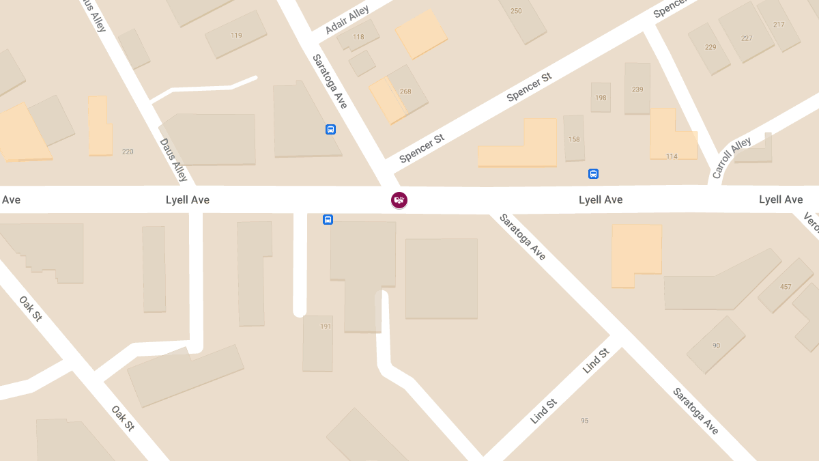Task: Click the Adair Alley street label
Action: point(347,20)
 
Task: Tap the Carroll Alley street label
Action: point(732,158)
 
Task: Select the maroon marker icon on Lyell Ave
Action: point(399,200)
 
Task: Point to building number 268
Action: point(405,92)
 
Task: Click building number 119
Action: point(236,36)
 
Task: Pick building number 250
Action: point(516,11)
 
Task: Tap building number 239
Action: point(637,89)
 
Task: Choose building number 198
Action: point(601,98)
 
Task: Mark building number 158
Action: point(574,139)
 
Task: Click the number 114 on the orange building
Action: point(672,156)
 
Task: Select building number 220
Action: point(128,152)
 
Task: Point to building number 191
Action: point(326,326)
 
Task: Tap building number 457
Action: point(786,287)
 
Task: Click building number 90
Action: point(716,346)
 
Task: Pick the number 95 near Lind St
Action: point(584,421)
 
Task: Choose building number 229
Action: point(710,47)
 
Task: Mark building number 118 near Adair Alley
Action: point(358,37)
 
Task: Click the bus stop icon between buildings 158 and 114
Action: point(593,173)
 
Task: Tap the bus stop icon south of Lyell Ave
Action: point(328,220)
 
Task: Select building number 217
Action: point(779,25)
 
